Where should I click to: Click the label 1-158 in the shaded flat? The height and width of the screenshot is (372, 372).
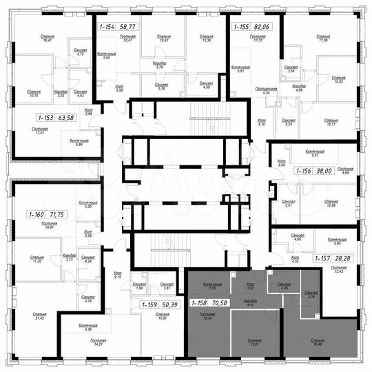click(x=200, y=301)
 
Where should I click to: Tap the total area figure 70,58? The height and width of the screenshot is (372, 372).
click(x=222, y=301)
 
